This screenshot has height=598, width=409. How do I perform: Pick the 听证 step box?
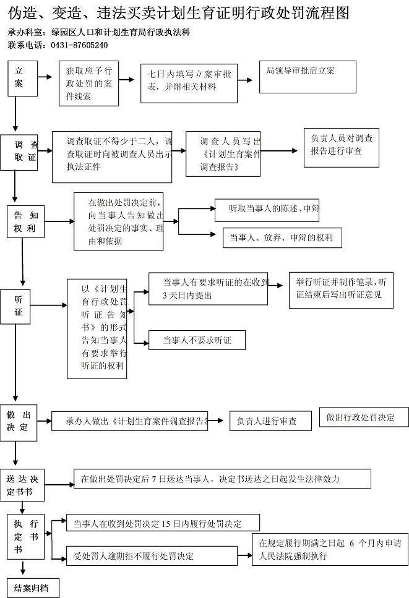click(19, 305)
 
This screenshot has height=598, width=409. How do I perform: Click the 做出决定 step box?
click(19, 421)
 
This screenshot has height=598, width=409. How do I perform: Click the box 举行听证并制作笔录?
click(341, 289)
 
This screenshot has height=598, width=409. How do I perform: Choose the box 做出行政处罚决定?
click(364, 416)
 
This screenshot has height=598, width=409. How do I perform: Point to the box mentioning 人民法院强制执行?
click(332, 549)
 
